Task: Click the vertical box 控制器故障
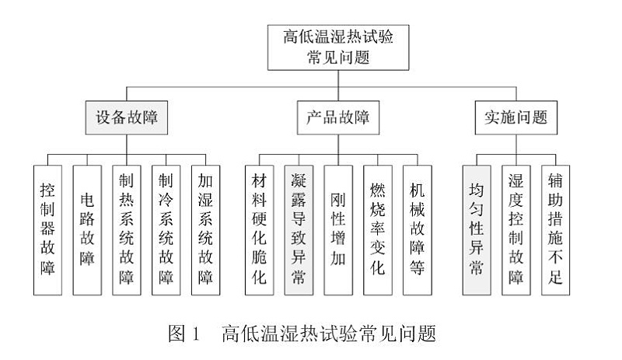pyautogui.click(x=48, y=229)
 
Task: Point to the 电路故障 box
pyautogui.click(x=88, y=229)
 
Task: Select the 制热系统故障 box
pyautogui.click(x=127, y=229)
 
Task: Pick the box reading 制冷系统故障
pyautogui.click(x=166, y=229)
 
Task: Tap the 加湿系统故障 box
pyautogui.click(x=206, y=229)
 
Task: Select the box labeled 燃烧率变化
pyautogui.click(x=377, y=229)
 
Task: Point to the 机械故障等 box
pyautogui.click(x=417, y=229)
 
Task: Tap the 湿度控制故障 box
pyautogui.click(x=515, y=229)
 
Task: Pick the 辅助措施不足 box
pyautogui.click(x=555, y=229)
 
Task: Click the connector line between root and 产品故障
pyautogui.click(x=337, y=88)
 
